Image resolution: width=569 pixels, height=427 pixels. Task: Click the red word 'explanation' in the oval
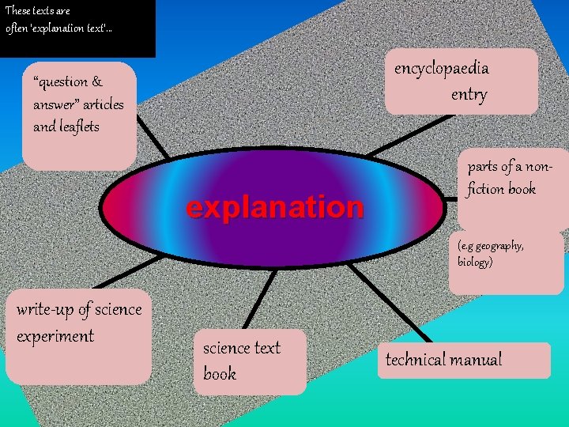(x=274, y=208)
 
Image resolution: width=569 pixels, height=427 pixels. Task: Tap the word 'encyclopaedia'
(x=441, y=68)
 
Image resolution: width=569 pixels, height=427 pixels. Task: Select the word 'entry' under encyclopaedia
(x=469, y=95)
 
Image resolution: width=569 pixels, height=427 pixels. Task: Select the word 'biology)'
(x=475, y=262)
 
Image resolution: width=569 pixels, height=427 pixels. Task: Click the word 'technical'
(x=416, y=360)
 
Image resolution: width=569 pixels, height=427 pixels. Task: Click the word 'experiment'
(x=55, y=336)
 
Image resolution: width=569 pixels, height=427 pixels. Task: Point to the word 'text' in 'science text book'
(x=266, y=348)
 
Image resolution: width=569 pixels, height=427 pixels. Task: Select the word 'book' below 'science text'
(x=220, y=374)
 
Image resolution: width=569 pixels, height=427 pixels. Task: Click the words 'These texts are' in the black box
(x=38, y=11)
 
